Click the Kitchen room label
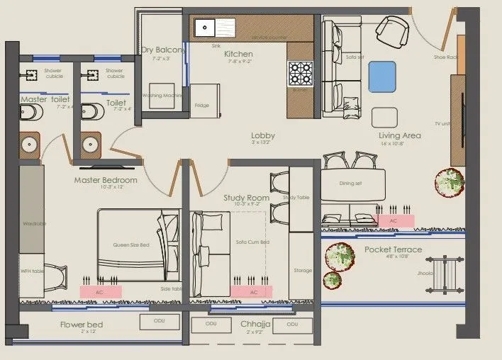pyautogui.click(x=238, y=54)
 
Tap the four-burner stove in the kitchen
pyautogui.click(x=299, y=73)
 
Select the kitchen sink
pyautogui.click(x=205, y=28)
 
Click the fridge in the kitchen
pyautogui.click(x=204, y=100)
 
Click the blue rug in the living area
pyautogui.click(x=382, y=76)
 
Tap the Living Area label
pyautogui.click(x=400, y=135)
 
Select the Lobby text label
pyautogui.click(x=263, y=135)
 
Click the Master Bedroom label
pyautogui.click(x=106, y=180)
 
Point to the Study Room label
pyautogui.click(x=246, y=198)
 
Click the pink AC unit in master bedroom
pyautogui.click(x=101, y=291)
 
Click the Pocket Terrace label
pyautogui.click(x=393, y=249)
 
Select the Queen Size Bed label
pyautogui.click(x=130, y=244)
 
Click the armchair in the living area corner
pyautogui.click(x=391, y=31)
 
